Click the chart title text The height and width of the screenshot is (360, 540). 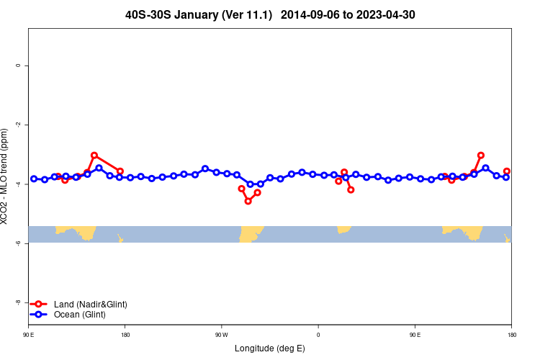pos(270,14)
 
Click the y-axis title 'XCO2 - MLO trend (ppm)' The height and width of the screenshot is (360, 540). pos(6,176)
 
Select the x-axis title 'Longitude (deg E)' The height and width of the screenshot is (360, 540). pos(270,348)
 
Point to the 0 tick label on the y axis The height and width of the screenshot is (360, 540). pos(18,66)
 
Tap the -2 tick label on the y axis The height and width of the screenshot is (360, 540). pos(18,125)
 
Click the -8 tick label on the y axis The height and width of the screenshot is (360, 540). pos(18,303)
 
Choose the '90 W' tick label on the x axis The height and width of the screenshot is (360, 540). pos(221,334)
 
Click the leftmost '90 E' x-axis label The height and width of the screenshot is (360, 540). pos(28,334)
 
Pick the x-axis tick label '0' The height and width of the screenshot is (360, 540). pos(318,334)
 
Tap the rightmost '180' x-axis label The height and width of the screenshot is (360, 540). pos(511,334)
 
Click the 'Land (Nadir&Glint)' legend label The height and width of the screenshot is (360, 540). pos(91,305)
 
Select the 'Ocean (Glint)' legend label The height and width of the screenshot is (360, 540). pos(80,315)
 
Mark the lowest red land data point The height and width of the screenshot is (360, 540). pos(248,201)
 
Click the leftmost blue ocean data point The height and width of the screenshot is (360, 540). pos(34,179)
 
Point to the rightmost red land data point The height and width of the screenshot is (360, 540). pos(507,171)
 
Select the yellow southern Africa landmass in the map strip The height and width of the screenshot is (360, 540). pos(343,229)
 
